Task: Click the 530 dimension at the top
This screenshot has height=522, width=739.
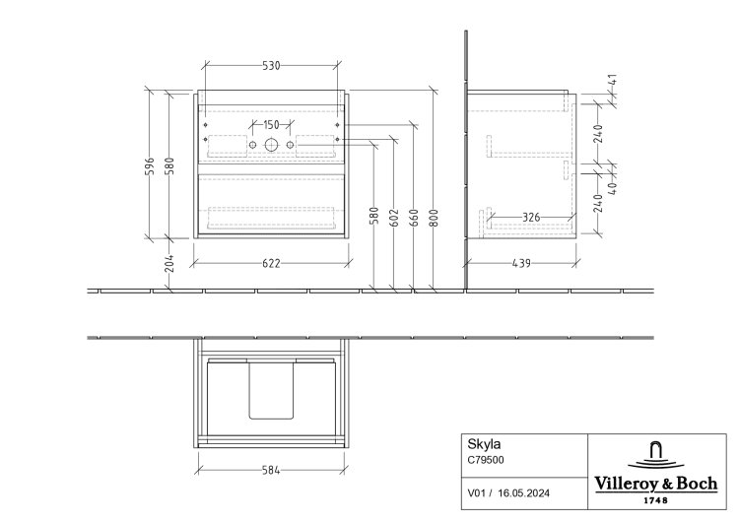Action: (271, 65)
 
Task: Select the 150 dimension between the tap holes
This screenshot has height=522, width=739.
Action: (271, 125)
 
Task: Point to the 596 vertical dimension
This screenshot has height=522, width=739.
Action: (150, 165)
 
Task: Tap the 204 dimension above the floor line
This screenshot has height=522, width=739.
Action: (170, 263)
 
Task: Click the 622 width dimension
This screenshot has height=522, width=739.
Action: (271, 263)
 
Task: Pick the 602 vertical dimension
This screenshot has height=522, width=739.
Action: (394, 218)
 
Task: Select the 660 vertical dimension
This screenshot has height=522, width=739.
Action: (414, 218)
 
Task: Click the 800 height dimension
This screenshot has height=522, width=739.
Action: (435, 218)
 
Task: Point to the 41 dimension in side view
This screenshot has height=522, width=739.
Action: (613, 80)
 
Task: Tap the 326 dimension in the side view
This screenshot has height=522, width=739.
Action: (531, 218)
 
